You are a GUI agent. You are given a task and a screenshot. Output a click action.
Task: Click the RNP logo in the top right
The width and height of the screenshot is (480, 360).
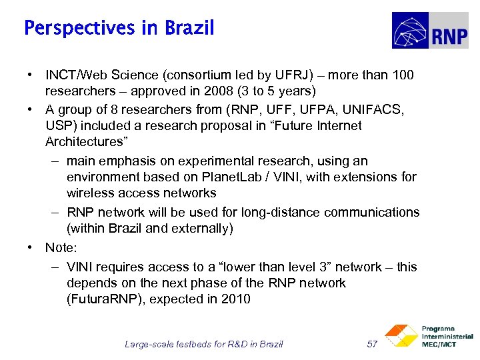pos(429,31)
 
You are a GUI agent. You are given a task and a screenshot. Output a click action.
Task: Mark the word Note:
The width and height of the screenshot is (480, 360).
pos(61,247)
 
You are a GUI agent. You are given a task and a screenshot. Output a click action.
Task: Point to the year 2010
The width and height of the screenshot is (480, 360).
pos(236,299)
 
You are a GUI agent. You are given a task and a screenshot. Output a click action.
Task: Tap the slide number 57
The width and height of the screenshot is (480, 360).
pos(373,344)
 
